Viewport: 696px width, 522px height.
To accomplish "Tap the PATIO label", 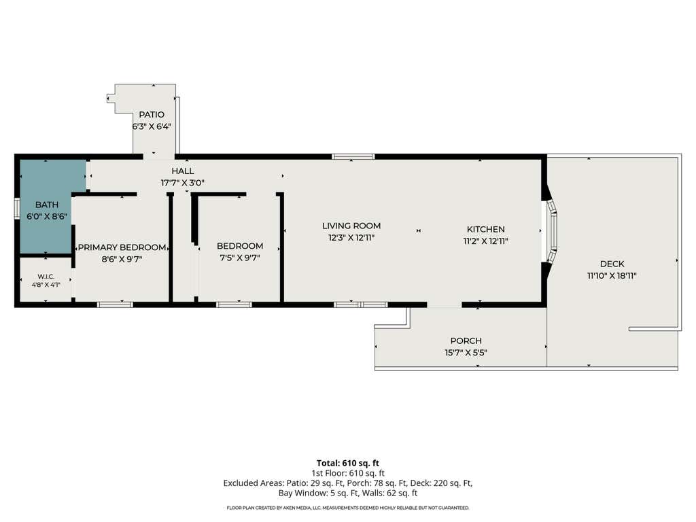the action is pos(152,114).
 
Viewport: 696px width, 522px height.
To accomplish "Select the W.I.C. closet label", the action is pos(46,277).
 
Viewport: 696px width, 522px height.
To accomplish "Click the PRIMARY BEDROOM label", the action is pos(122,247).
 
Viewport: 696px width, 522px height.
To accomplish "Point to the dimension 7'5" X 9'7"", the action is pos(240,258).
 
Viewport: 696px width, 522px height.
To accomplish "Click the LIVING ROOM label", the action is pos(351,226).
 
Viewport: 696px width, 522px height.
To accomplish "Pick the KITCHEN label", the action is pos(485,229).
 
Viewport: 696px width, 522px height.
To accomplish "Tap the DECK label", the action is pos(612,264).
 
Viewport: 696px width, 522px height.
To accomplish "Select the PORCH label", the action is pos(466,341).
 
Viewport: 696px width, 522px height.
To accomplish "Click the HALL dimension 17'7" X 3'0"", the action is pos(182,182).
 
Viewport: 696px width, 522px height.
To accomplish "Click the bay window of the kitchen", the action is pos(552,231).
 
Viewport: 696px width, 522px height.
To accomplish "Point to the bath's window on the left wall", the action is pos(17,207).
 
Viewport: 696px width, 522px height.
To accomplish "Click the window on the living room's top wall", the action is pos(353,156).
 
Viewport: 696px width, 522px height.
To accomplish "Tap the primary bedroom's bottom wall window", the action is pos(115,304).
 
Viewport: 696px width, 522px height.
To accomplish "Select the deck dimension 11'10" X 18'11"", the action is pos(612,276).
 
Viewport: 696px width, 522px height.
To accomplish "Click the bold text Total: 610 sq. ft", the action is pos(348,464).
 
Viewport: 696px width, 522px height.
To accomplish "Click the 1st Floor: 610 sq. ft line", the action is pos(348,473).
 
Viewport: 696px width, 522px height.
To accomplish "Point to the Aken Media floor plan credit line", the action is pos(348,508).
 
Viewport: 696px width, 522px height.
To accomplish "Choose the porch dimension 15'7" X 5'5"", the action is pos(466,353).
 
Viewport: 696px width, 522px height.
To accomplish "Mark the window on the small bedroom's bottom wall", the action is pos(234,304).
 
